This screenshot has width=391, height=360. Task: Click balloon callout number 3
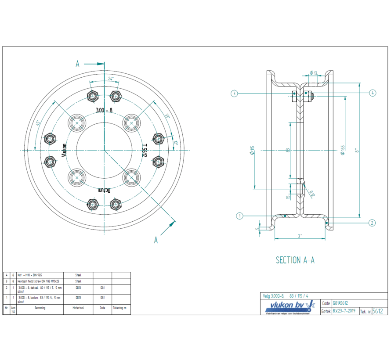(235, 93)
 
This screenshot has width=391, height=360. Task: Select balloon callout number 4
(372, 93)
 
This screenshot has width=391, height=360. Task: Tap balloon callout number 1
(240, 216)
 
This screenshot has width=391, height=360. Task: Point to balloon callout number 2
(372, 223)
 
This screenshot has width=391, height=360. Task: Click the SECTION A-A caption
(295, 260)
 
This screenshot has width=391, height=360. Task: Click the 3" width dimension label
(300, 236)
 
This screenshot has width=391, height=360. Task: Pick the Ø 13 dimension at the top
(314, 73)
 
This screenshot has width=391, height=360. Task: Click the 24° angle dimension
(111, 79)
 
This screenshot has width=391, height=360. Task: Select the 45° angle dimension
(39, 123)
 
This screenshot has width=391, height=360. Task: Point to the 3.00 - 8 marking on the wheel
(104, 111)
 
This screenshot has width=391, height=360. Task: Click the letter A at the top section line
(77, 64)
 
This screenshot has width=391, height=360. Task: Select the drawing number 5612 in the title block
(377, 311)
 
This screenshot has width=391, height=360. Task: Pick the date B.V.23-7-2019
(345, 311)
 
